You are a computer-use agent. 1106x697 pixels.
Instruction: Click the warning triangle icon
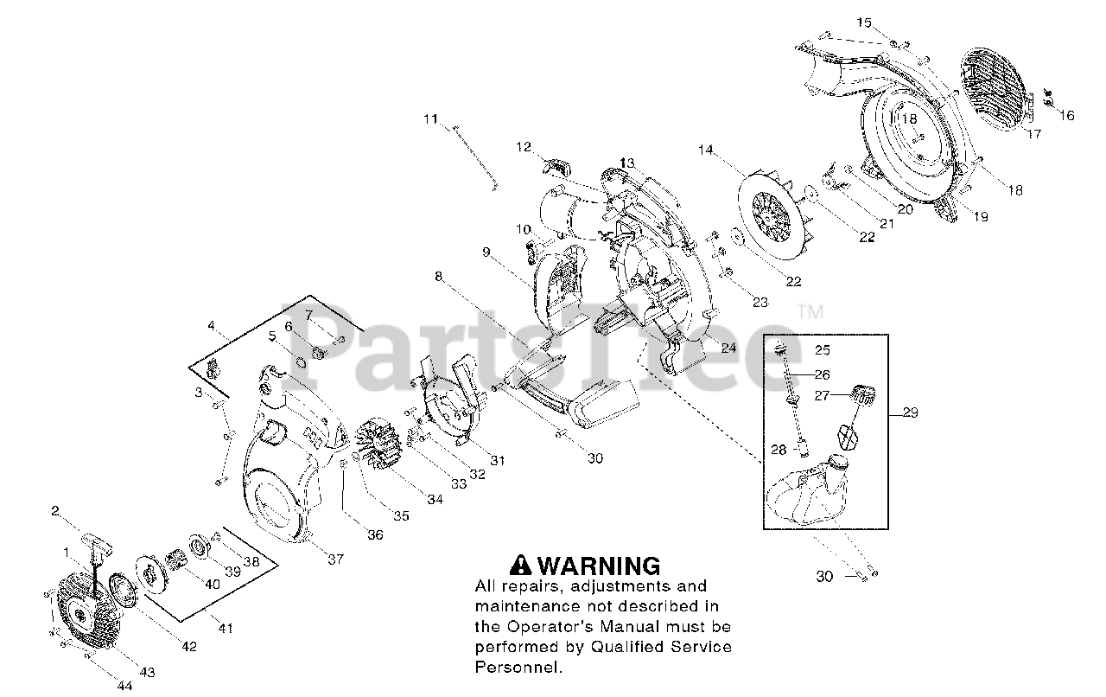point(520,566)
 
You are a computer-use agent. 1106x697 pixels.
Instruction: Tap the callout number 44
point(124,686)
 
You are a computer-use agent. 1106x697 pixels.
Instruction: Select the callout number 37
point(335,560)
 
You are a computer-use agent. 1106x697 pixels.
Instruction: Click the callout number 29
point(910,413)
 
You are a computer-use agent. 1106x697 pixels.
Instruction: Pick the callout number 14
point(706,150)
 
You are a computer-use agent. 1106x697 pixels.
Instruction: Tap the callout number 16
point(1066,115)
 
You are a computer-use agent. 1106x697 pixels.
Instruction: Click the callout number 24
point(728,349)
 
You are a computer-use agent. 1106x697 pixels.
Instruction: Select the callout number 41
point(226,629)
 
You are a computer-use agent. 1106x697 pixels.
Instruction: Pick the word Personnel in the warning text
point(518,668)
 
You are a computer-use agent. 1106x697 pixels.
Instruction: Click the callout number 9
point(486,252)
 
